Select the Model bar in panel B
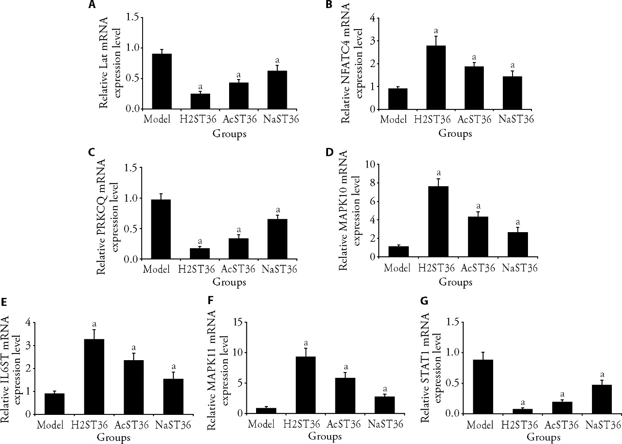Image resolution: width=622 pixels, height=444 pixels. tap(397, 98)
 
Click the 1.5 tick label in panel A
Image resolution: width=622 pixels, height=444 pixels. tap(132, 17)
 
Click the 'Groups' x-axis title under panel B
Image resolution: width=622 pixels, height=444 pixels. tap(455, 133)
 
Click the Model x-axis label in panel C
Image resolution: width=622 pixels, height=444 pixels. tap(157, 269)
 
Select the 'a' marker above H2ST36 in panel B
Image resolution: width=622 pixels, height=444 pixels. tap(436, 30)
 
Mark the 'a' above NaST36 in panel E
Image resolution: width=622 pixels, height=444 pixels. tap(173, 366)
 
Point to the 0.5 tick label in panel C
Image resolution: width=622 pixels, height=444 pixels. tap(132, 229)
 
